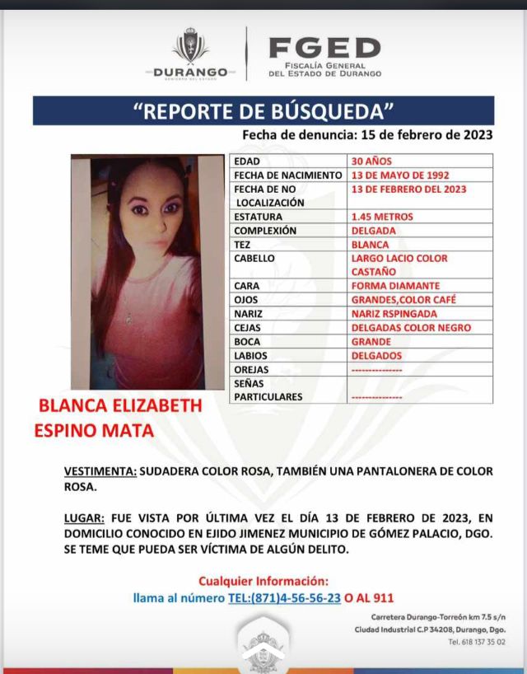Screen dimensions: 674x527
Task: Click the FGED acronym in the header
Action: pos(324,48)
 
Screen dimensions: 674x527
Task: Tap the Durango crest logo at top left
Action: pos(190,48)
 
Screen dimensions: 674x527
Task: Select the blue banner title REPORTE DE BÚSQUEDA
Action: pos(263,111)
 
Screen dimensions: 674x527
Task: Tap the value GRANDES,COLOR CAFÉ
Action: pos(403,300)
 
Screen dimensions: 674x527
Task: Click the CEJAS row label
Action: pos(250,328)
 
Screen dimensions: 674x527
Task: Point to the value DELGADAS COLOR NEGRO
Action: pos(411,328)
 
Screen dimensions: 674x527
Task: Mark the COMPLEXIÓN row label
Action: pos(265,231)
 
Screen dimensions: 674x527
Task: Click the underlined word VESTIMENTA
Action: pos(100,471)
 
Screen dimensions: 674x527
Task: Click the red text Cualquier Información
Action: pos(263,581)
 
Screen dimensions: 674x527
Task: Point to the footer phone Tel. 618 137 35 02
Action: pos(476,642)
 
